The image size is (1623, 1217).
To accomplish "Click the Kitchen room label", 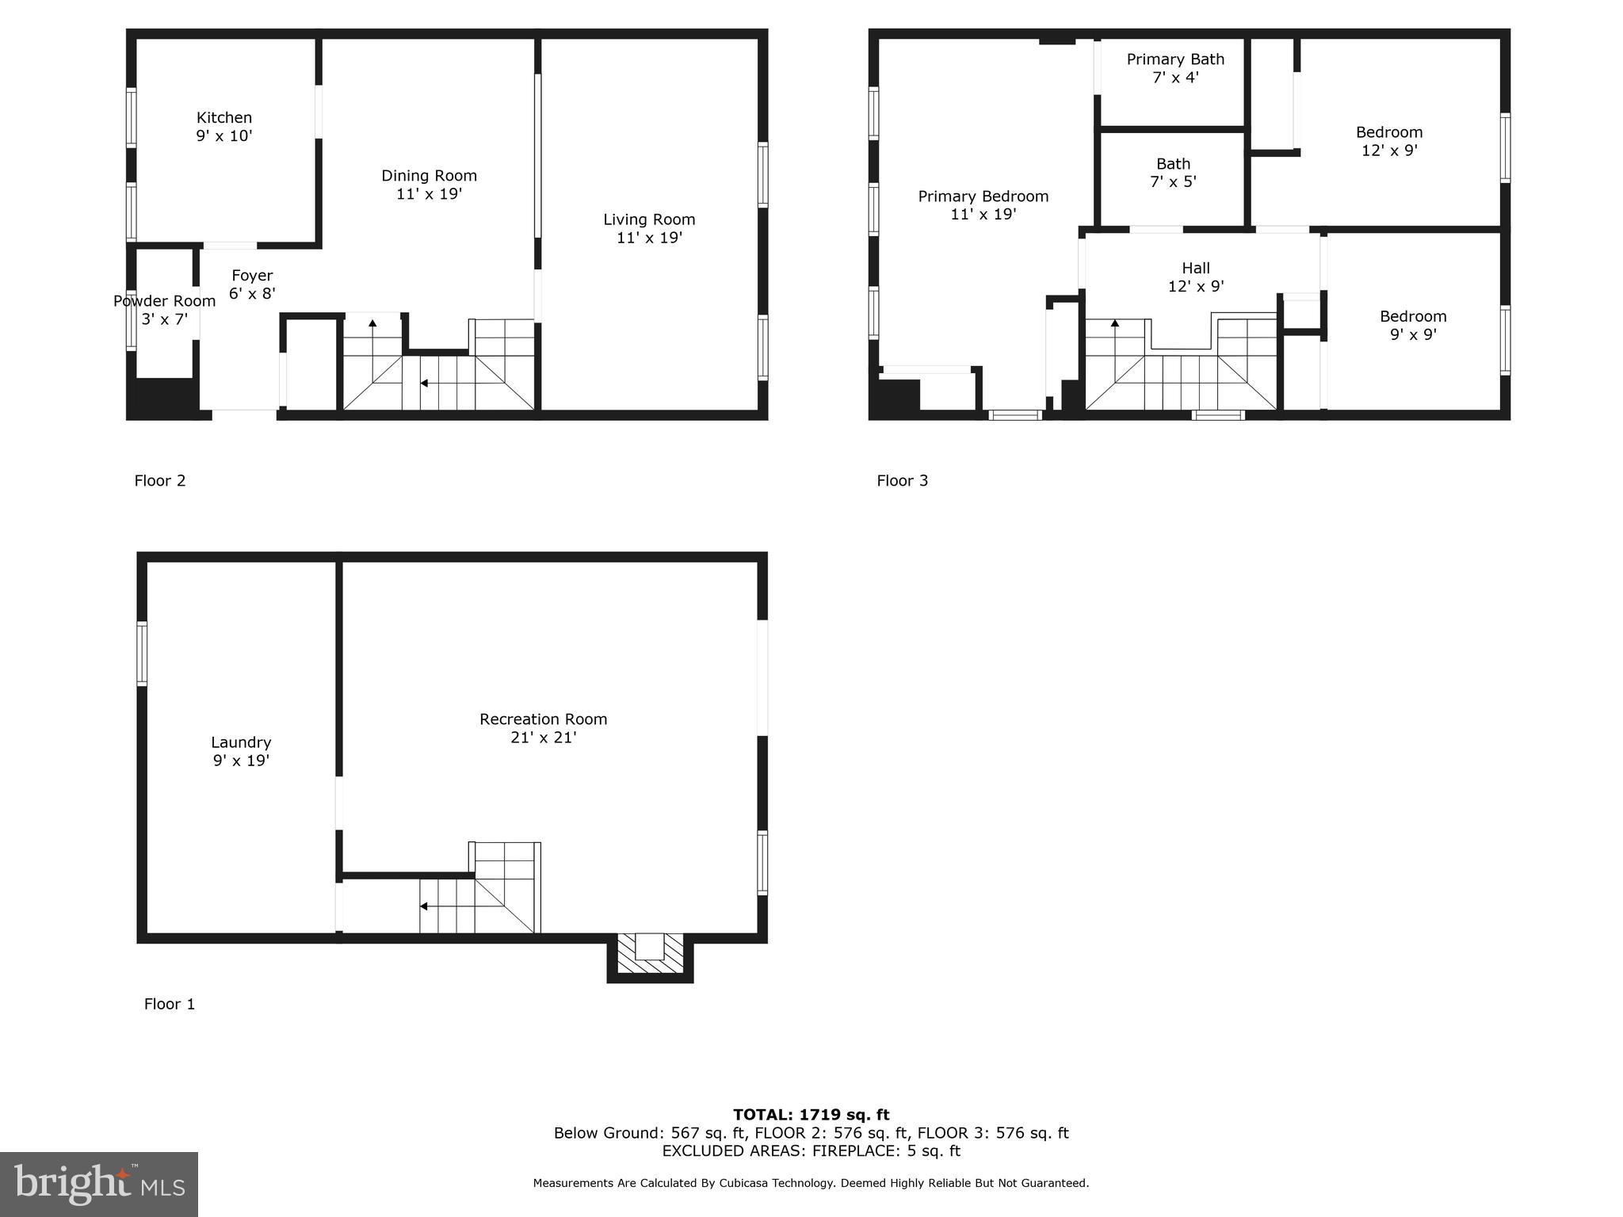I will point(224,118).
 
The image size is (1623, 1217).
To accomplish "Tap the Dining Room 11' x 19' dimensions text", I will point(429,194).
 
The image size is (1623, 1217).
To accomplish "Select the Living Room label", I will point(649,219).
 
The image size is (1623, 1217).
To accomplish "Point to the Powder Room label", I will point(164,301).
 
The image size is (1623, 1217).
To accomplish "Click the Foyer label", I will point(252,276).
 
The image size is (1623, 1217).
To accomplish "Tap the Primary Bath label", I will point(1175,59).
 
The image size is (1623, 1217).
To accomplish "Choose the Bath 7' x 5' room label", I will point(1173,172).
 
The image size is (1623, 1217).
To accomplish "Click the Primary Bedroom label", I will point(983,196).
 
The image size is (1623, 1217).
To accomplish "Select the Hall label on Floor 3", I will point(1196,269).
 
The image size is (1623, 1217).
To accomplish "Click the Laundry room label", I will point(241,742).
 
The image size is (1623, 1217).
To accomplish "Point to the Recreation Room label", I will point(543,719).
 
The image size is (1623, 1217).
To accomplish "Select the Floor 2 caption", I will point(160,481).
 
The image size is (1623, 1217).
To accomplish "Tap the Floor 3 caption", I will point(902,481).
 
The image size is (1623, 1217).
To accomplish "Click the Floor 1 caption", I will point(169,1004).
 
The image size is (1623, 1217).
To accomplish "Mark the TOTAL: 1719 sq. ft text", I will point(811,1115).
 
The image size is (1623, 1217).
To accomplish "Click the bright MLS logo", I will point(99,1185).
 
